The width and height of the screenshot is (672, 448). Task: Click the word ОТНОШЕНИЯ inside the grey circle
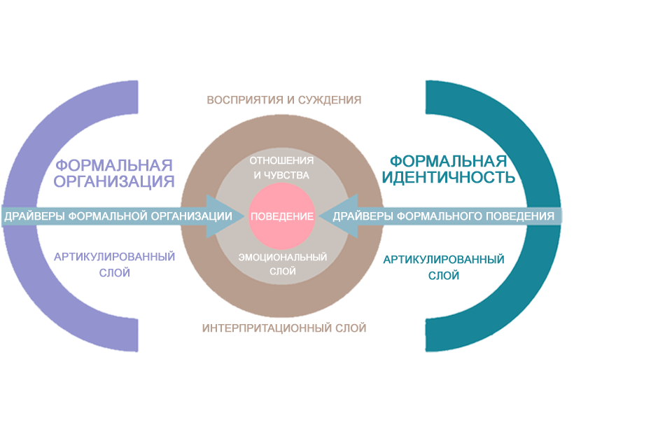pos(282,160)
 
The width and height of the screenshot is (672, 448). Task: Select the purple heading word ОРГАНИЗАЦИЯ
pos(115,182)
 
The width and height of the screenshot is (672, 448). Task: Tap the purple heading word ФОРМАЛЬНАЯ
pos(115,166)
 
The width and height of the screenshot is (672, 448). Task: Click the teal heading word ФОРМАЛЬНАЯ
pos(448,161)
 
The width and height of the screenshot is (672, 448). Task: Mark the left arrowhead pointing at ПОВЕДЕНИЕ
pos(221,216)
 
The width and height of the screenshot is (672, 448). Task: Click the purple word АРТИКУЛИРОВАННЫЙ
pos(114,257)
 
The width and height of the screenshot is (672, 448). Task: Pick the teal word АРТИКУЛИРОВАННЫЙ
pos(444,260)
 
